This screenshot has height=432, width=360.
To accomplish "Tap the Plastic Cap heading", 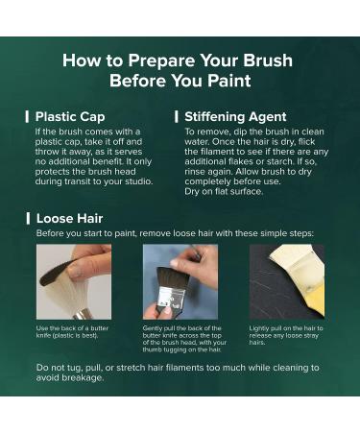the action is (70, 117).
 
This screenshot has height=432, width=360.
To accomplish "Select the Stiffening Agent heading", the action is (235, 117).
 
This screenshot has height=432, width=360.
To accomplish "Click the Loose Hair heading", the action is (69, 219).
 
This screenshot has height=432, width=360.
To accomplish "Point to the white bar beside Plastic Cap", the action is (27, 117).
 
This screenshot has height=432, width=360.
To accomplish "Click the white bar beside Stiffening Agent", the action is (177, 117).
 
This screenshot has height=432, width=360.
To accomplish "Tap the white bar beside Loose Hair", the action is (28, 219).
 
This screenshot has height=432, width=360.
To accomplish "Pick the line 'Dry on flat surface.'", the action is (224, 191).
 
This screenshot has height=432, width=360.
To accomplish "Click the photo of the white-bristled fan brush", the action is (74, 281).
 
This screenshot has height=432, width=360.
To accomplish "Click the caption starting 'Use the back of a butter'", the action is (72, 332).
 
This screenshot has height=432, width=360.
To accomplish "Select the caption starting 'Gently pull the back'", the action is (184, 339).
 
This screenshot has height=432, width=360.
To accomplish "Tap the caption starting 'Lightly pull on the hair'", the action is (286, 335).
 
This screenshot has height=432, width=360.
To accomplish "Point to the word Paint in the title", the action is (228, 81).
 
